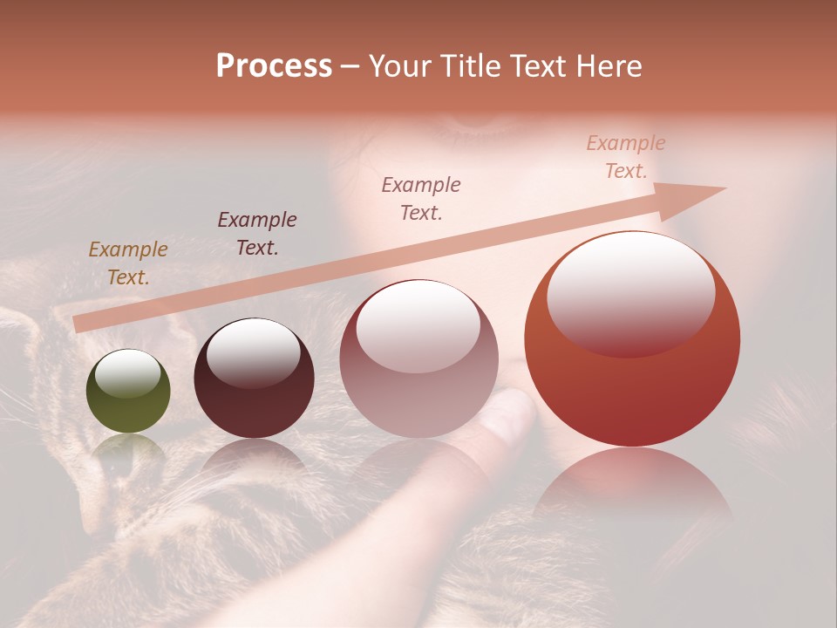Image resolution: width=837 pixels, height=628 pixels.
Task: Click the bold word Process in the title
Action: (274, 66)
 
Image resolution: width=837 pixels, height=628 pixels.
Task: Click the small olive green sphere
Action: (128, 391)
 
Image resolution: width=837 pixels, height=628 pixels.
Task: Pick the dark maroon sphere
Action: (254, 379)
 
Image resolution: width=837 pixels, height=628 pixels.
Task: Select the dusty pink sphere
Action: (418, 358)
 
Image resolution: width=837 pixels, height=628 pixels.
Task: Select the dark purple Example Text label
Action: (257, 234)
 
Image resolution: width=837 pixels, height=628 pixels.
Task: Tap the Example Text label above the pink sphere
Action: (421, 199)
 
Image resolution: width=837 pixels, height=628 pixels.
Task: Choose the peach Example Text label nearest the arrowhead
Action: (626, 157)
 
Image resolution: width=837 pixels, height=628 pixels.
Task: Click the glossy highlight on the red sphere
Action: (630, 292)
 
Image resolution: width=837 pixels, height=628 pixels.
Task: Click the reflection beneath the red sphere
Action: (632, 488)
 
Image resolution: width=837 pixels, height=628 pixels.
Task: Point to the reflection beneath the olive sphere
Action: (128, 449)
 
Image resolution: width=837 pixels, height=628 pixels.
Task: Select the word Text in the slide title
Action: (534, 66)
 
